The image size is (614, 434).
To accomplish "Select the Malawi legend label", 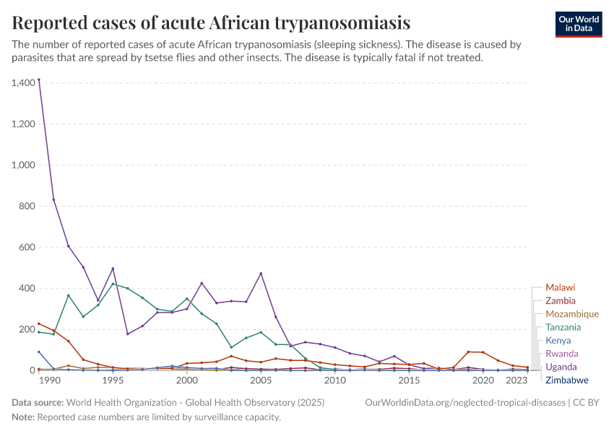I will coord(560,287).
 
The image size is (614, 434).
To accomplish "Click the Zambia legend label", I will coord(561,300).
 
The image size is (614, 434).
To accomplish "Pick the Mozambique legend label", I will coord(571,314).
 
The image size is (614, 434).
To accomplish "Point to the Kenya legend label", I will coord(558,340).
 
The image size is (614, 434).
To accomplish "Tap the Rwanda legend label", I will coord(561,354).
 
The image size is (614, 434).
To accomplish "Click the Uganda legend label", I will coord(561,367).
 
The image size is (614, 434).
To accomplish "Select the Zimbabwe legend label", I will coord(566,380).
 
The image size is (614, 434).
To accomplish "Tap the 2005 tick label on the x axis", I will coord(261,380).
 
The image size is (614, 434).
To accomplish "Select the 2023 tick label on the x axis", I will coord(516,380).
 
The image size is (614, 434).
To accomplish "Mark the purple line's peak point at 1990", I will coord(38,80).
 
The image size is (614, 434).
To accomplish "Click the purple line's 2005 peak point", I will coord(261,273).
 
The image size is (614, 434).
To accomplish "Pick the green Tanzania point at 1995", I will coord(113,284).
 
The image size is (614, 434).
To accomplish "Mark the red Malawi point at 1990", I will coord(38,323).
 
